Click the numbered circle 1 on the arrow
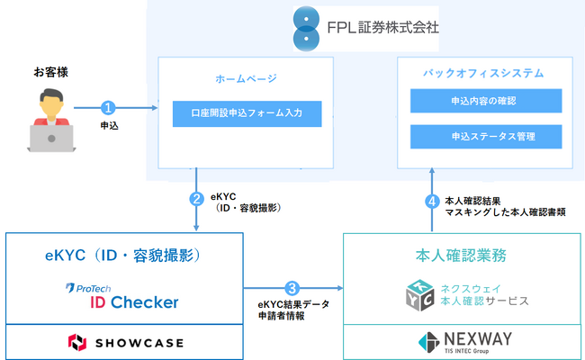click(109, 108)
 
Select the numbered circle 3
click(292, 289)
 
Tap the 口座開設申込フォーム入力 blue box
click(244, 114)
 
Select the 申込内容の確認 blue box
click(486, 101)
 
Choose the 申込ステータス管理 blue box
click(486, 137)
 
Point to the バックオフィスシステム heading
click(487, 72)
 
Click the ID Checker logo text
click(133, 301)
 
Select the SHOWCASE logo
click(125, 342)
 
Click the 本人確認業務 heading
click(463, 255)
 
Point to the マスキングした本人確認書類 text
click(504, 211)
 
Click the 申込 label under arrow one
click(109, 127)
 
